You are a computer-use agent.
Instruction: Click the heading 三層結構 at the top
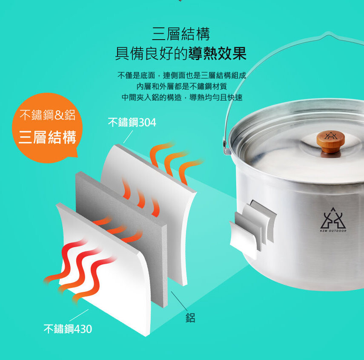tap(181, 34)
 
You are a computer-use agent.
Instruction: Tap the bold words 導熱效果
tap(217, 54)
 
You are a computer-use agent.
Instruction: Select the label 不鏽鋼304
tap(132, 122)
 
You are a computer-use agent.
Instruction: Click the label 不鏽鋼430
tap(68, 329)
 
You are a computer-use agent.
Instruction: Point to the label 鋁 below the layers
tap(190, 318)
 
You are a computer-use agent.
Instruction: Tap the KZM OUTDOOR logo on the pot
tap(333, 220)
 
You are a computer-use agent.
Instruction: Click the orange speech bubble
tap(47, 128)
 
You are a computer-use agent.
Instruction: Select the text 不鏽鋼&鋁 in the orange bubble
tap(48, 115)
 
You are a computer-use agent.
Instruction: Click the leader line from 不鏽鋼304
tap(128, 137)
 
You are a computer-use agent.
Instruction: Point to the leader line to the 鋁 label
tap(179, 301)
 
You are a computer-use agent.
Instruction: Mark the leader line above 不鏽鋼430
tap(79, 315)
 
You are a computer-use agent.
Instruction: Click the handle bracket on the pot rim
tap(226, 146)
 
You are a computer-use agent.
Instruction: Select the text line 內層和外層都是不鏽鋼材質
tap(181, 86)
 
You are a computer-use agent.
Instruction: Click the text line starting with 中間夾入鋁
tap(182, 98)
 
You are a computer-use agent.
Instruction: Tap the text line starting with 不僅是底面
tap(181, 75)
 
